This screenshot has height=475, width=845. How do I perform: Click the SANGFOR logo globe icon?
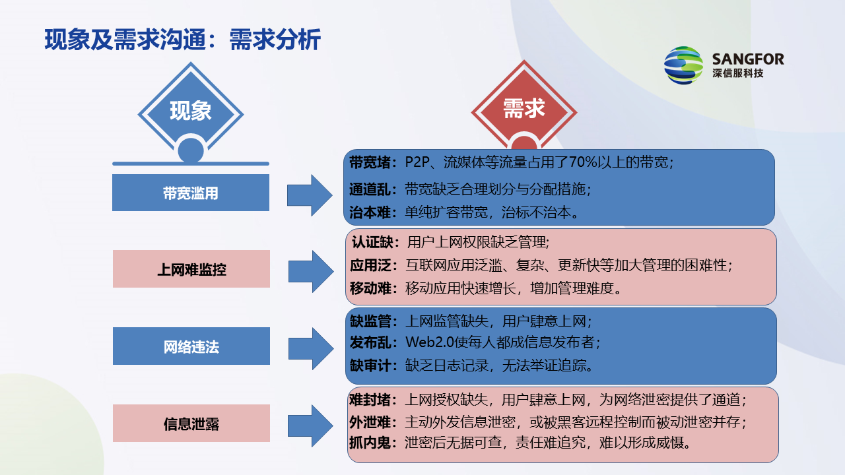point(684,65)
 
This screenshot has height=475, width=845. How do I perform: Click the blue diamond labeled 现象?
point(190,111)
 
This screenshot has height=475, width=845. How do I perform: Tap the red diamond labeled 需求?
point(524,110)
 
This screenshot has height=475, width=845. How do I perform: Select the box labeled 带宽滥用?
point(191,193)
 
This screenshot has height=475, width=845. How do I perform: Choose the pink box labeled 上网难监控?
point(191,269)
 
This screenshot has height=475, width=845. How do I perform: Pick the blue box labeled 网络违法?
point(191,346)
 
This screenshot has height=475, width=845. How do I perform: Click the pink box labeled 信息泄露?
point(191,424)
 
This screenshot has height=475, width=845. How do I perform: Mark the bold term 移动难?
point(370,288)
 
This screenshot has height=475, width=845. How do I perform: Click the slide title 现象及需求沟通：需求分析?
point(183,40)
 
